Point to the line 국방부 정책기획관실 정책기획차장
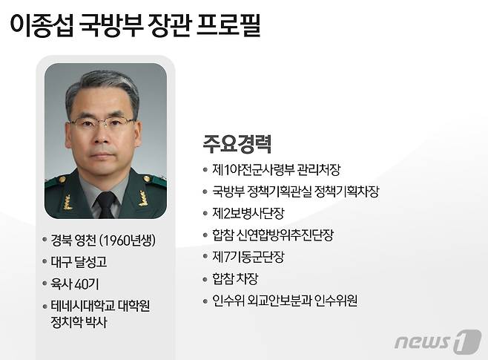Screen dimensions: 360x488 [295, 192]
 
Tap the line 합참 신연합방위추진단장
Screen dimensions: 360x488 [272, 235]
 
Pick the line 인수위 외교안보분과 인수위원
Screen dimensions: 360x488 [284, 301]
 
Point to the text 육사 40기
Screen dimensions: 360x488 [73, 284]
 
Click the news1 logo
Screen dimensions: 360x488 [437, 341]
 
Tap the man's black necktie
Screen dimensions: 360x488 [106, 203]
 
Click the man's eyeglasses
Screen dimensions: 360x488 [102, 122]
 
